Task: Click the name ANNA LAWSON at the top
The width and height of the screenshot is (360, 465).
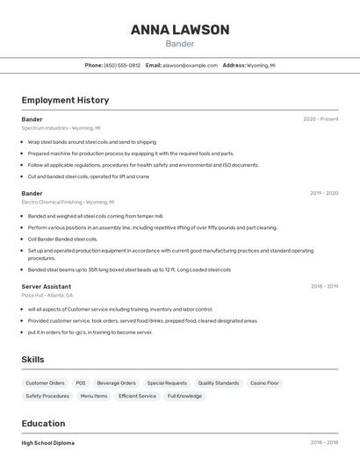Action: pyautogui.click(x=180, y=29)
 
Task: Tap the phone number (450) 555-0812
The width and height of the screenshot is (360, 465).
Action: pyautogui.click(x=122, y=65)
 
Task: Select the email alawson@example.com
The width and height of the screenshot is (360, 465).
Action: pyautogui.click(x=190, y=65)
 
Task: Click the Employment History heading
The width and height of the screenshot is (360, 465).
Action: pyautogui.click(x=65, y=100)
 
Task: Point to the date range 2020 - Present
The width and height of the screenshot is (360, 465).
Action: pyautogui.click(x=320, y=119)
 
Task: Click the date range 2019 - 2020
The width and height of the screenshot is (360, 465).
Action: pyautogui.click(x=324, y=193)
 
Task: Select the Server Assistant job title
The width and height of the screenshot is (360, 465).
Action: pyautogui.click(x=47, y=286)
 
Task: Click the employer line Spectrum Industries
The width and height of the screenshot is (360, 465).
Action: pyautogui.click(x=61, y=128)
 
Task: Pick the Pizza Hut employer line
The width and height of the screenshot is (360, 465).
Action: pyautogui.click(x=47, y=296)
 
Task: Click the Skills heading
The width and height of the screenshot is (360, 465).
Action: pyautogui.click(x=32, y=360)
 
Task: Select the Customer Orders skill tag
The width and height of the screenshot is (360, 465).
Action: pyautogui.click(x=45, y=383)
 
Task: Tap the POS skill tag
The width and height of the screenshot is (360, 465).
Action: pyautogui.click(x=81, y=383)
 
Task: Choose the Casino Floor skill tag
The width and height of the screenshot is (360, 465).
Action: pyautogui.click(x=264, y=383)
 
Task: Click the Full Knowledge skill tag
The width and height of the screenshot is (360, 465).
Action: pyautogui.click(x=184, y=396)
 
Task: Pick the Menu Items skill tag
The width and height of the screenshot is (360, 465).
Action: pyautogui.click(x=94, y=396)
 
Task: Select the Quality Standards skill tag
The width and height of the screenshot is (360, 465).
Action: pyautogui.click(x=219, y=383)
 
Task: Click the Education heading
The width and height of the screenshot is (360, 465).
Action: pyautogui.click(x=44, y=423)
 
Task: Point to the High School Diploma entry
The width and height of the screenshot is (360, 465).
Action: pyautogui.click(x=48, y=443)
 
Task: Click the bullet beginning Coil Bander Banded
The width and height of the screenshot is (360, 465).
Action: pyautogui.click(x=62, y=239)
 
